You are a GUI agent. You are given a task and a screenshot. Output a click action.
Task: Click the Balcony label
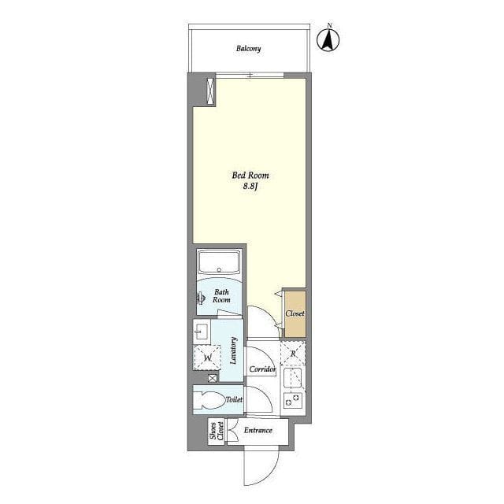pos(248,49)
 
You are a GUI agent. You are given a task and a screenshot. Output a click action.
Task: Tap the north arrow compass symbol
pos(328,39)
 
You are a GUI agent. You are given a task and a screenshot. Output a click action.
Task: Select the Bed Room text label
pos(250,175)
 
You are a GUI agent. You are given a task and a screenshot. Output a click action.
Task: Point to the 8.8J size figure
pos(250,186)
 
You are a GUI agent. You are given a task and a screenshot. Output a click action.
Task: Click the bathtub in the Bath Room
pos(219,261)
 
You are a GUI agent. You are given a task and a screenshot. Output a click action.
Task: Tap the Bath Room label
pos(222,296)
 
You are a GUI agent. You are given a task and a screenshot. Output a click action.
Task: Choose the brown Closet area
pos(295,314)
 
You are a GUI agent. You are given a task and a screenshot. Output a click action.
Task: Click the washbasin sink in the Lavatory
pos(202,332)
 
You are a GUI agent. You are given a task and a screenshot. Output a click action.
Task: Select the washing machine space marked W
pos(207,358)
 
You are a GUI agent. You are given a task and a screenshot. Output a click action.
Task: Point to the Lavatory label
pos(233,350)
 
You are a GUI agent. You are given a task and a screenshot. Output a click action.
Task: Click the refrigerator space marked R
pos(293,353)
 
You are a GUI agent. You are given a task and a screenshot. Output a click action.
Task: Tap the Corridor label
pos(262,369)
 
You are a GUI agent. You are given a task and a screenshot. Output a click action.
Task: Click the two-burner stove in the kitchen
pos(292,400)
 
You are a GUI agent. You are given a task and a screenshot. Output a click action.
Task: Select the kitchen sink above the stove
pos(292,378)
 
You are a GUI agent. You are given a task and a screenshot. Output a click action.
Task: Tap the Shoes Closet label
pos(217,431)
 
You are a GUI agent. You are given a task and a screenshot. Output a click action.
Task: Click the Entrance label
pos(258,430)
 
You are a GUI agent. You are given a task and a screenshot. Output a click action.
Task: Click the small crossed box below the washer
pos(213,378)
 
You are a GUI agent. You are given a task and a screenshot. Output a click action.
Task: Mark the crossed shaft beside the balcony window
pos(210,91)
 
